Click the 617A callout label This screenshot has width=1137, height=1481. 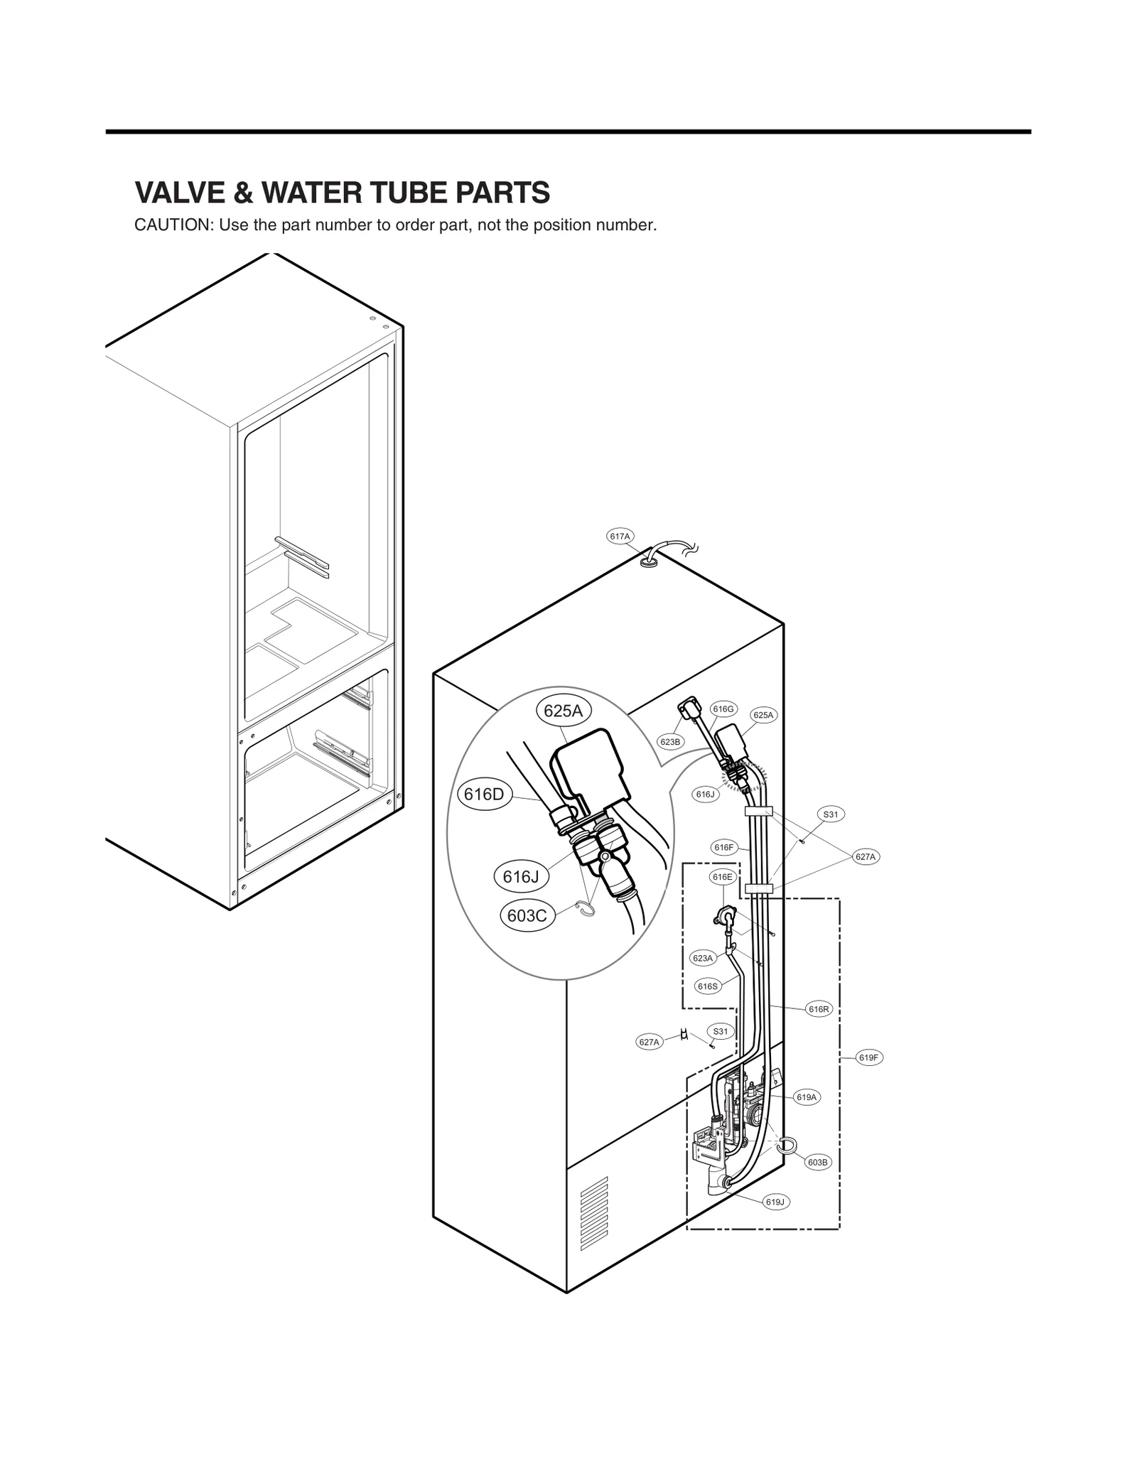[620, 537]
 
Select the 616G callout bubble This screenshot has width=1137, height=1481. [723, 709]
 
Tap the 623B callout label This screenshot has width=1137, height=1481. [670, 742]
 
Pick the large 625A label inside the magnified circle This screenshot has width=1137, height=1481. [563, 711]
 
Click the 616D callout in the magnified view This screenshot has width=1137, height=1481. [483, 795]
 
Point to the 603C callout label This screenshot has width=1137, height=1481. [527, 916]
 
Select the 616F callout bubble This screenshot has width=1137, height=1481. [723, 847]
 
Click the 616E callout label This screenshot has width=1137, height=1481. [722, 878]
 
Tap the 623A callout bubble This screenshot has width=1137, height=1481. [702, 959]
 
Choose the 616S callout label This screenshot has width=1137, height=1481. [707, 986]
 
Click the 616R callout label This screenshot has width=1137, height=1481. [819, 1009]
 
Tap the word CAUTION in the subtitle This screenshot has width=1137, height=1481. [173, 226]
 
